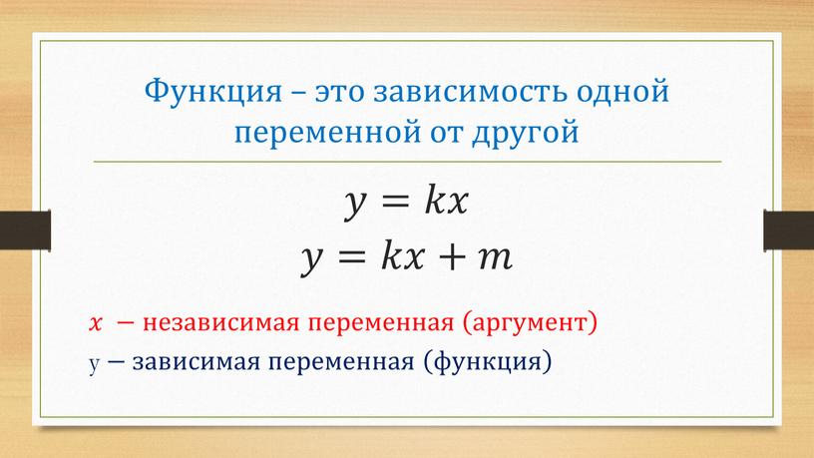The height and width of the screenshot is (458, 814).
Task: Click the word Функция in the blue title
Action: click(212, 92)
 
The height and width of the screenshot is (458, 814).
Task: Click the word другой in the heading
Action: click(526, 133)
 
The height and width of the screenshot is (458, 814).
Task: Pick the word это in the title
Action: click(338, 92)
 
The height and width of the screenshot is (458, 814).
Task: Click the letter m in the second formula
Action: click(495, 258)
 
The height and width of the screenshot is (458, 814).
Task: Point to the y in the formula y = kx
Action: click(356, 205)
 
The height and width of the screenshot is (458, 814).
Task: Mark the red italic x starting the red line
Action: click(96, 323)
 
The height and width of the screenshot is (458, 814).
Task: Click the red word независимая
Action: click(221, 323)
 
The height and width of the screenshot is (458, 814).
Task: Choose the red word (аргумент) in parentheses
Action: click(530, 323)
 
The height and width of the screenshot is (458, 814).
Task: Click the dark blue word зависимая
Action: click(197, 362)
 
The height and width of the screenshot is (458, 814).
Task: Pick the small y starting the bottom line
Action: click(94, 364)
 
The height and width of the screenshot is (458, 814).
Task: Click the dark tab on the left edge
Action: click(25, 230)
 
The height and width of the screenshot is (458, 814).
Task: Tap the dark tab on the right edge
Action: click(788, 230)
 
